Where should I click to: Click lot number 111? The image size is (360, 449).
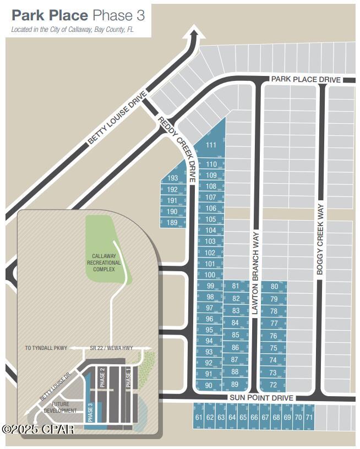(x=211, y=145)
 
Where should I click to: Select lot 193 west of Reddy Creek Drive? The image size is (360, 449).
(x=173, y=178)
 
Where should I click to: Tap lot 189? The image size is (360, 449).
(x=173, y=223)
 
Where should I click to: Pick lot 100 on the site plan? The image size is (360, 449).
(x=210, y=275)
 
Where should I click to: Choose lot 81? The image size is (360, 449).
(x=236, y=286)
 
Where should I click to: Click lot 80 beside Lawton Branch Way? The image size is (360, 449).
(x=274, y=287)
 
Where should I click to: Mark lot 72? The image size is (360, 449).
(x=274, y=385)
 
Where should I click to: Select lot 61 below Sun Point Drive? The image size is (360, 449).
(x=199, y=418)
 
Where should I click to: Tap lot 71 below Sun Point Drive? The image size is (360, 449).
(x=309, y=418)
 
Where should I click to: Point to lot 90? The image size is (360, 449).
(x=209, y=386)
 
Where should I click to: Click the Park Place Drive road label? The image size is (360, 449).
(x=306, y=80)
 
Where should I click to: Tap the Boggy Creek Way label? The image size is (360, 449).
(x=322, y=236)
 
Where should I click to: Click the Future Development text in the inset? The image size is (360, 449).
(x=61, y=408)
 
